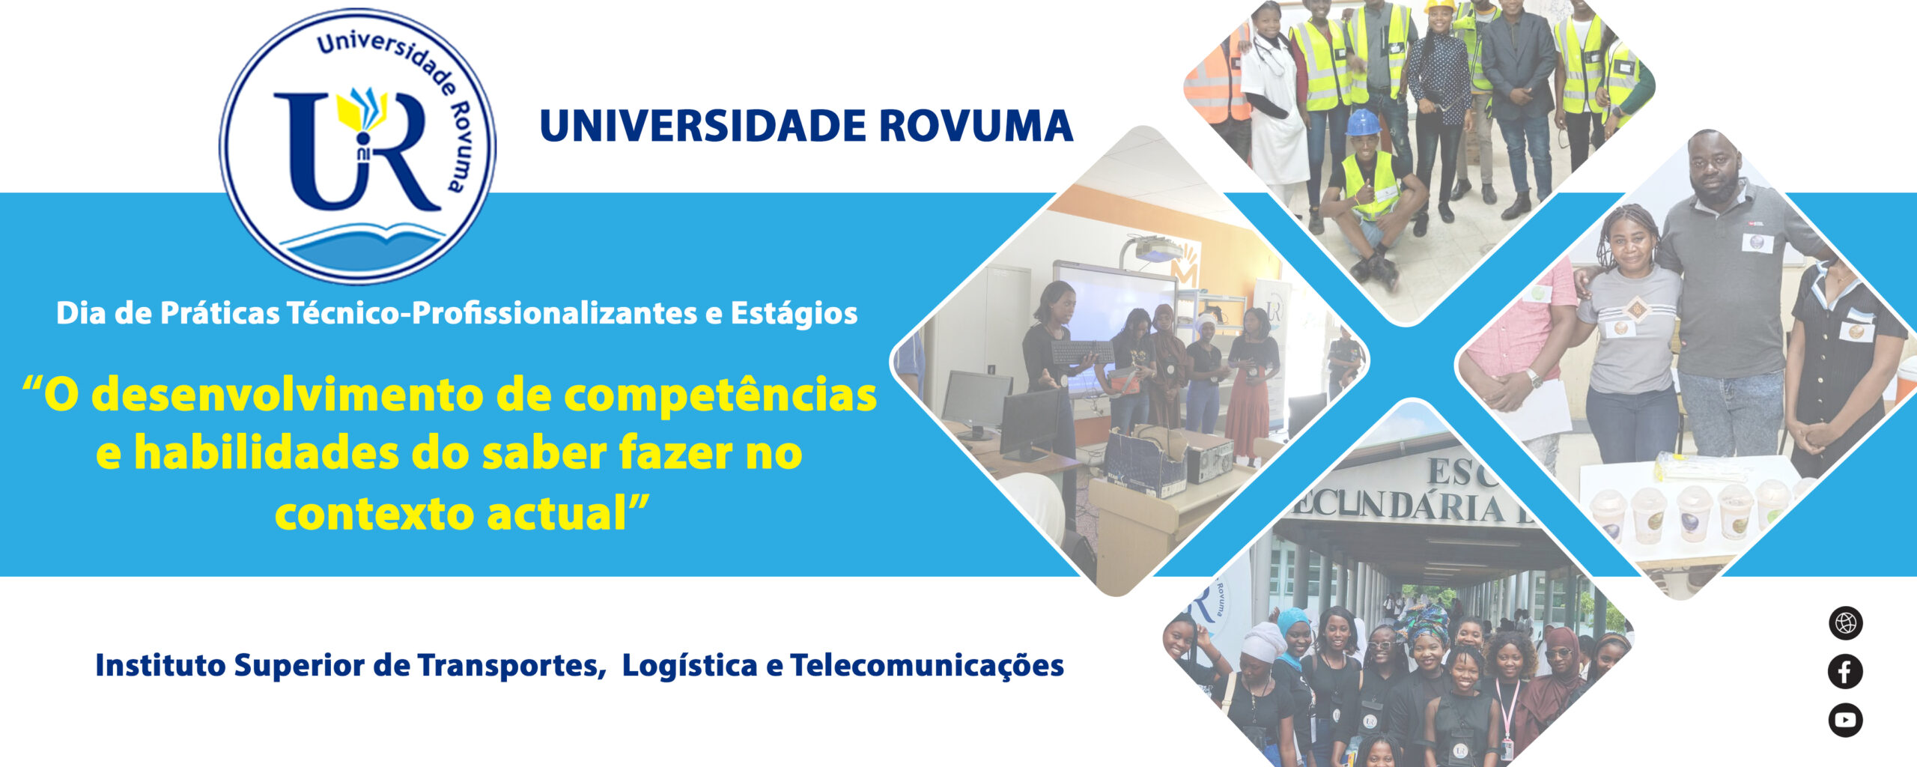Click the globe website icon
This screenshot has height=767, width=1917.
1845,623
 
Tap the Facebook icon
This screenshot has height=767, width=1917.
1845,671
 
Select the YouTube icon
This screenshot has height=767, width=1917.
1845,720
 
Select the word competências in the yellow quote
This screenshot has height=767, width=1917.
720,395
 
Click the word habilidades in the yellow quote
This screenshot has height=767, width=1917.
265,454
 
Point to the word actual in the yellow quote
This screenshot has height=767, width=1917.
556,514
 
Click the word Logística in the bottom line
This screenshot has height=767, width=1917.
690,666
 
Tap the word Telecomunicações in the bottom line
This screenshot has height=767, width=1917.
927,666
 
